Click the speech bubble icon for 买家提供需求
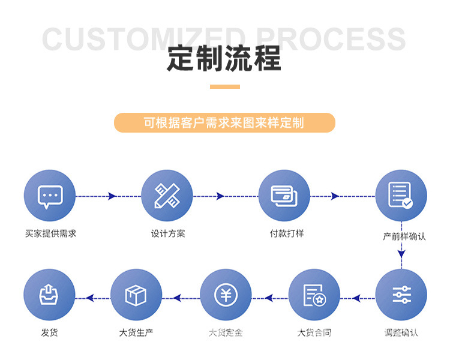click(50, 196)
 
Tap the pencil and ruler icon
click(166, 196)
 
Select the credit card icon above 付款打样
click(284, 196)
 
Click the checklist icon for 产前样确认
click(400, 196)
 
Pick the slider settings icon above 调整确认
click(401, 295)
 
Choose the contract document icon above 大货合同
click(314, 295)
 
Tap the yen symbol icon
click(226, 295)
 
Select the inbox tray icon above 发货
click(49, 295)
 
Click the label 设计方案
click(168, 233)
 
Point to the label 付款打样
click(287, 233)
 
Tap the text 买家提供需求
click(51, 233)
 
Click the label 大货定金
click(226, 332)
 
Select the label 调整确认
click(401, 332)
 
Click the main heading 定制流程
click(224, 59)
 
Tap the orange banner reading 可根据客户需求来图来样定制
click(224, 123)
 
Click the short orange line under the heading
click(224, 86)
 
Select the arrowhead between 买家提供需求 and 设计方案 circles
click(112, 196)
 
